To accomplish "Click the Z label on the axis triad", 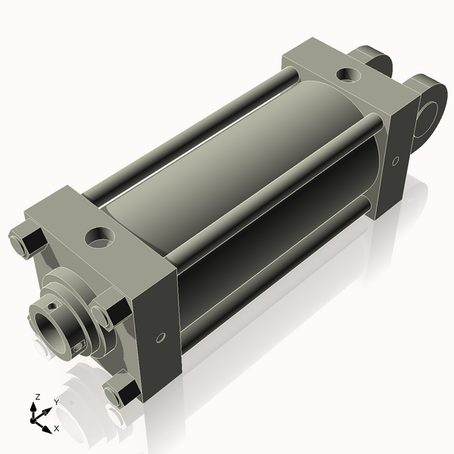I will point(38,396).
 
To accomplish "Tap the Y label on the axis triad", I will point(56,402).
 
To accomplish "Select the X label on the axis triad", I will point(56,428).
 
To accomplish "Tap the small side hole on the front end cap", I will point(160,337).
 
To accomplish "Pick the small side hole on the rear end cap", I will point(395,160).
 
